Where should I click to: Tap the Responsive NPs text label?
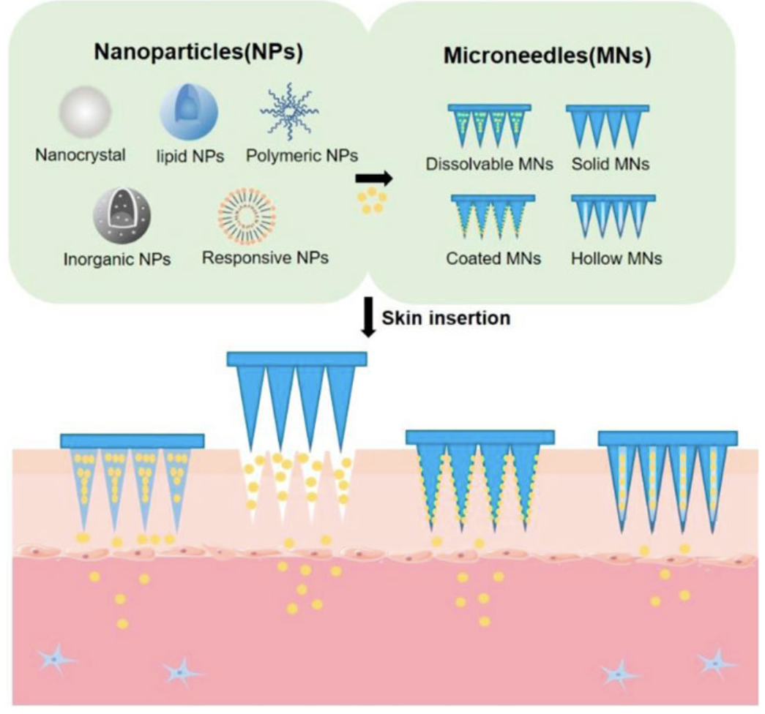pyautogui.click(x=265, y=258)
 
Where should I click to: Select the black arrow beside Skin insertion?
pyautogui.click(x=368, y=323)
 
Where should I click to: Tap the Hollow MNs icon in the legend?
pyautogui.click(x=613, y=217)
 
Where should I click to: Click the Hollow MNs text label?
pyautogui.click(x=615, y=258)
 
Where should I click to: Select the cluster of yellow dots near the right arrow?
pyautogui.click(x=372, y=200)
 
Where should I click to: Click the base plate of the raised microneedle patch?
pyautogui.click(x=296, y=358)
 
